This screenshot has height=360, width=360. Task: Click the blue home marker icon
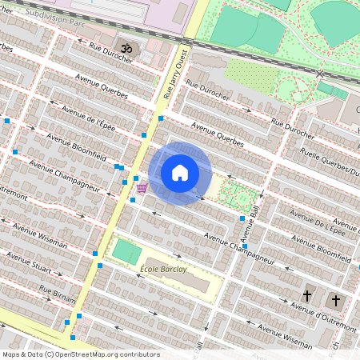[180, 173]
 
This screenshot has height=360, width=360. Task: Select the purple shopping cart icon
[142, 188]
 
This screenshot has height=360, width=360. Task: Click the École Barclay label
[163, 269]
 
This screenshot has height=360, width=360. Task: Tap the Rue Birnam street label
[57, 294]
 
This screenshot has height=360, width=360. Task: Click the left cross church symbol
[307, 296]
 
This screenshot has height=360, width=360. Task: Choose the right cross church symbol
[335, 300]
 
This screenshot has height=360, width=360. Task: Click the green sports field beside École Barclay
[126, 251]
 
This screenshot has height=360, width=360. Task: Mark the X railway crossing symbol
[320, 73]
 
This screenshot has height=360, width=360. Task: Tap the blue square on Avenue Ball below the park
[242, 218]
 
